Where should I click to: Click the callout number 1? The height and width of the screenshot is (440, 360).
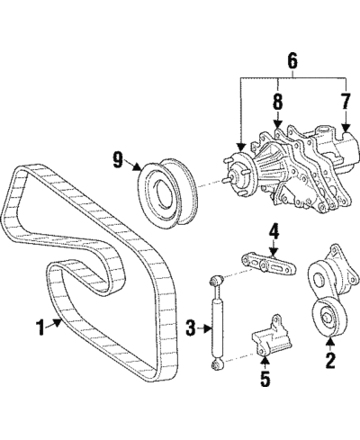tap(40, 328)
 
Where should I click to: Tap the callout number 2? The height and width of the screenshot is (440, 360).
tap(330, 361)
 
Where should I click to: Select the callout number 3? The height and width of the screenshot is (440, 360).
tap(191, 328)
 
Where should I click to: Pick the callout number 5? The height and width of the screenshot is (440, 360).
tap(265, 378)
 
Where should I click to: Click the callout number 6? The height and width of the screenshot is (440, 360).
tap(292, 61)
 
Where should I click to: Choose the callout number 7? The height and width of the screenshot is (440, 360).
tap(346, 102)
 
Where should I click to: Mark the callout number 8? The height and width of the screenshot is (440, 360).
tap(278, 102)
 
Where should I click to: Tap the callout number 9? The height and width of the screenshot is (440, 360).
tap(118, 159)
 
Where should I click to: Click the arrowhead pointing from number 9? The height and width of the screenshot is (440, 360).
tap(138, 167)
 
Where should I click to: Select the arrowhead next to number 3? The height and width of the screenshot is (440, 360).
tap(209, 328)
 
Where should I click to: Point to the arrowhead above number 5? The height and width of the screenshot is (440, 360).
tap(265, 358)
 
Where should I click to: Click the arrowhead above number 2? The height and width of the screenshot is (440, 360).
tap(330, 340)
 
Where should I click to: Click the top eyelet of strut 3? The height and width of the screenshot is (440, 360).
tap(215, 282)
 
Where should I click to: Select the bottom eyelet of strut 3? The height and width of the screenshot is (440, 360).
tap(217, 364)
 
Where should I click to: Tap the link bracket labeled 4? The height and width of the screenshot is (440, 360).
tap(269, 265)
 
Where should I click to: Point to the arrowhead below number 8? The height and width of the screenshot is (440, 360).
tap(278, 125)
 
